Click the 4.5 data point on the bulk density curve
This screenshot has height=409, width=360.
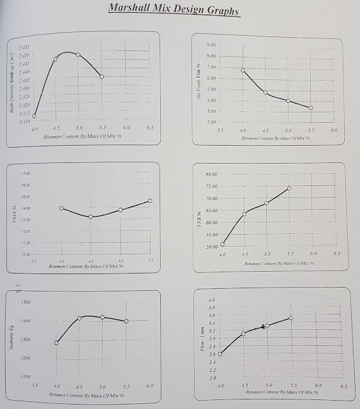pyautogui.click(x=56, y=59)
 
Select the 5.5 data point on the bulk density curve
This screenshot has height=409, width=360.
pyautogui.click(x=102, y=77)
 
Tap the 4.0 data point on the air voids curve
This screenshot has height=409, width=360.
pyautogui.click(x=243, y=70)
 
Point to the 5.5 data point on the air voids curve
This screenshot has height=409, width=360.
pyautogui.click(x=311, y=107)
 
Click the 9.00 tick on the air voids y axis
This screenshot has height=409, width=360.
pyautogui.click(x=213, y=45)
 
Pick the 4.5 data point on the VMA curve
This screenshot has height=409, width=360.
pyautogui.click(x=91, y=217)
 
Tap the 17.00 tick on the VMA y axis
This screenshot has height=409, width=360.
pyautogui.click(x=26, y=173)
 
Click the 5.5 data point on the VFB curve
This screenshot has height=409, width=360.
pyautogui.click(x=289, y=188)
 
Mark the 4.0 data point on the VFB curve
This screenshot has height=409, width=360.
pyautogui.click(x=223, y=244)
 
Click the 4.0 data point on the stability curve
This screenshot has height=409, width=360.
pyautogui.click(x=57, y=343)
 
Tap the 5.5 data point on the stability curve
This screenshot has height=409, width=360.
pyautogui.click(x=126, y=321)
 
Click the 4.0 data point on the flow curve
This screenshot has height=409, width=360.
pyautogui.click(x=220, y=354)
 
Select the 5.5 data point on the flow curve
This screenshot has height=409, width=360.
pyautogui.click(x=290, y=318)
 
